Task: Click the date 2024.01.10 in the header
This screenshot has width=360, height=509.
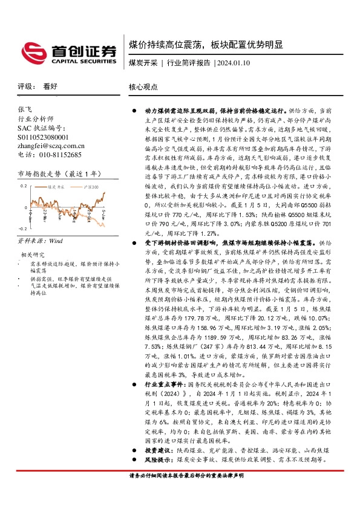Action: pyautogui.click(x=234, y=63)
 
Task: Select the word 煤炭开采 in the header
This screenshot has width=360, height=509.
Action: pyautogui.click(x=143, y=63)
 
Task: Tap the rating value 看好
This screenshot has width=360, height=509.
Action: pyautogui.click(x=51, y=86)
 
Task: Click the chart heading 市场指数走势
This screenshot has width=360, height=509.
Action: pyautogui.click(x=38, y=174)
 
